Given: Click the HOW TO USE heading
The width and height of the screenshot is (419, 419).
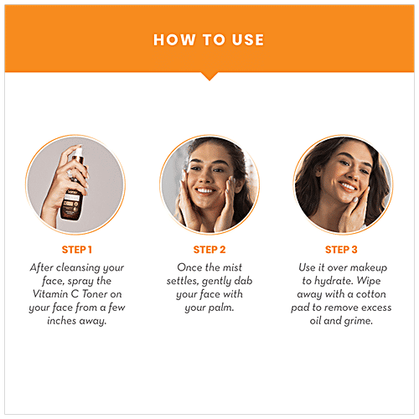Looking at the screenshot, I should point(209,39).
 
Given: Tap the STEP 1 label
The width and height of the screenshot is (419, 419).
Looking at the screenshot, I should point(76,249).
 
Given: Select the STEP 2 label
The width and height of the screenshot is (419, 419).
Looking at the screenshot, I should point(209,249).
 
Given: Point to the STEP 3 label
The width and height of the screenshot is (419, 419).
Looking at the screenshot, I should point(341,249).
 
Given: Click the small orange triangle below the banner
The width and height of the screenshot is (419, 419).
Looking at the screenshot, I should point(209,75).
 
